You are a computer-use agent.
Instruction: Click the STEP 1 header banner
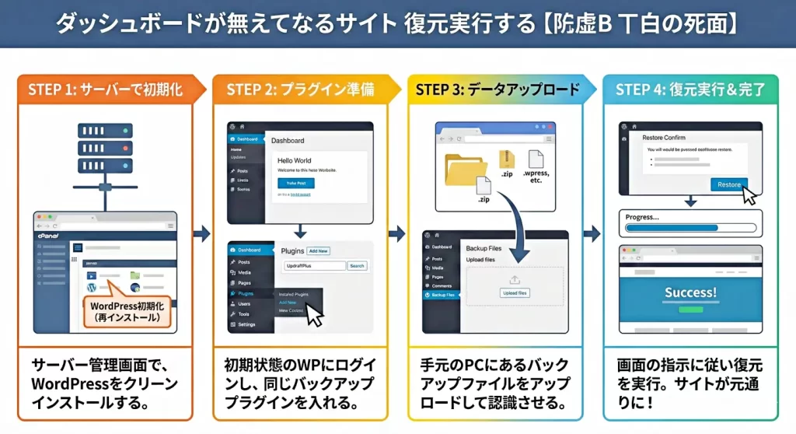[105, 89]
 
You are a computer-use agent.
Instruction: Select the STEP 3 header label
[497, 89]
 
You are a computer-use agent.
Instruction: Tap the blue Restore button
[728, 185]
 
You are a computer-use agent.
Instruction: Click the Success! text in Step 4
[690, 293]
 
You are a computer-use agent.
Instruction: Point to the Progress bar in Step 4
[690, 229]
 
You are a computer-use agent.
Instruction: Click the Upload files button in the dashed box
[515, 293]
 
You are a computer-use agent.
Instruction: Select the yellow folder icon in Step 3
[466, 169]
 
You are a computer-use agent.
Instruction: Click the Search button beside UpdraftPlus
[356, 266]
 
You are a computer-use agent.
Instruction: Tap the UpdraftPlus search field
[313, 266]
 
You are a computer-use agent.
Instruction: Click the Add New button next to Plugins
[318, 251]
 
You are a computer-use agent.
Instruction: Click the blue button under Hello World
[296, 182]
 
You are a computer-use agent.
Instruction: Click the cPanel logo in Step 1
[50, 233]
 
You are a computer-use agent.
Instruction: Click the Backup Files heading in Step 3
[484, 247]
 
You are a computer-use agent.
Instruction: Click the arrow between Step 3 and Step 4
[592, 233]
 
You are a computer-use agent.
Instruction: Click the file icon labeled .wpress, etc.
[536, 163]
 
